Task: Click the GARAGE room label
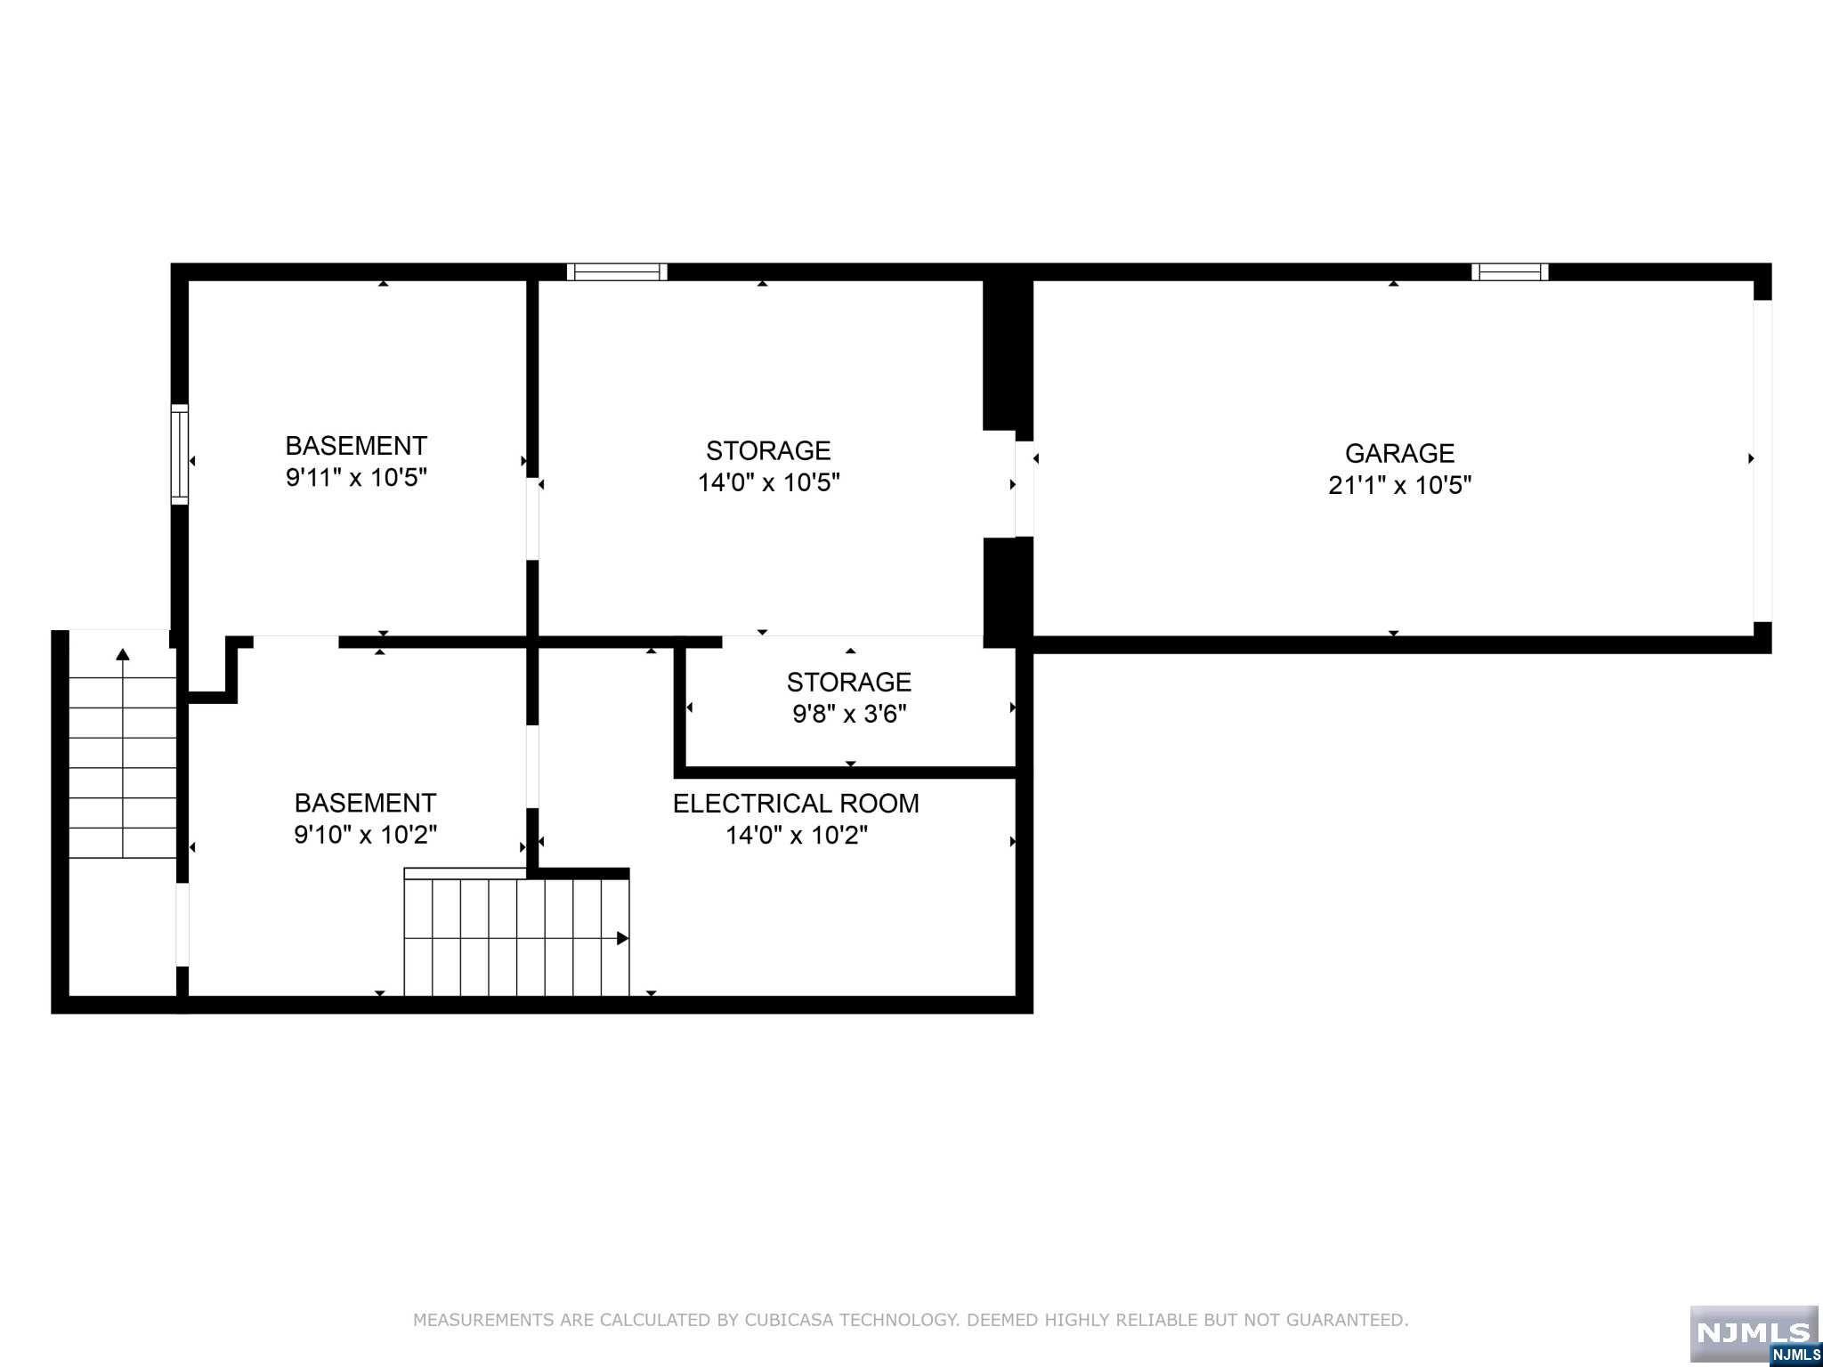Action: tap(1399, 453)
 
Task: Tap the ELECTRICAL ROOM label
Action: tap(796, 803)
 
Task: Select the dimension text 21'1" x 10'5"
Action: tap(1399, 485)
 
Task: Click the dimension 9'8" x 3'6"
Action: tap(849, 714)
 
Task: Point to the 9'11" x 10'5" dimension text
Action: tap(356, 478)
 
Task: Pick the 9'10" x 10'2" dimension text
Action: tap(365, 835)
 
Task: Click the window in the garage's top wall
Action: tap(1510, 271)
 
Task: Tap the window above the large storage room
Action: tap(617, 271)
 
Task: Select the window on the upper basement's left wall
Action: tap(180, 454)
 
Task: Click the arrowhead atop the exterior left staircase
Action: tap(123, 655)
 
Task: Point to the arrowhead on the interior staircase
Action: tap(623, 938)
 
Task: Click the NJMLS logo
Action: tap(1754, 1332)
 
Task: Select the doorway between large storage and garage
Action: tap(1025, 489)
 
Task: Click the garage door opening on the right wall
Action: tap(1762, 460)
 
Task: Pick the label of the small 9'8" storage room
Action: tap(849, 682)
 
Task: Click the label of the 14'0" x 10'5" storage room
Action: tap(768, 450)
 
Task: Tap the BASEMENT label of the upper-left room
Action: tap(356, 445)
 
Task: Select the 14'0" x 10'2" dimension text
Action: tap(797, 835)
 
